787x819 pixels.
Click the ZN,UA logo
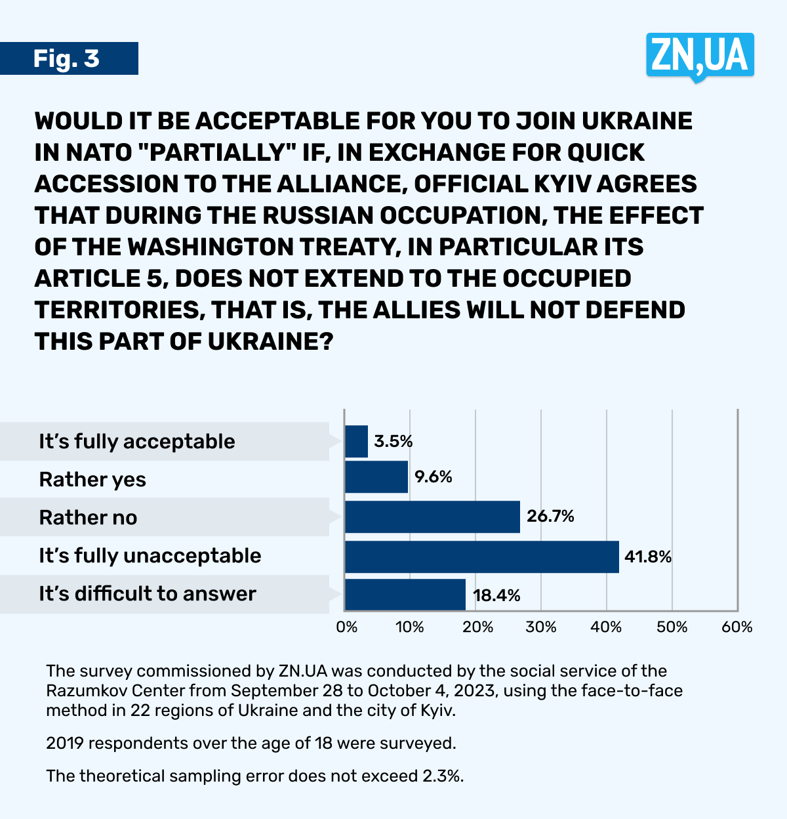click(700, 55)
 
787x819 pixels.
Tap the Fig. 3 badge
click(67, 58)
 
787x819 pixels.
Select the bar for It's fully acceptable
click(356, 442)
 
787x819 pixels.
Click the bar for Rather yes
click(376, 477)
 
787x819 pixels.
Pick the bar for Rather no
click(432, 517)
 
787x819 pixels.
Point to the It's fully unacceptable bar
click(481, 556)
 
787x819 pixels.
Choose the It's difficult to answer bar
click(405, 595)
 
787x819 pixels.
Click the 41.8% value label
click(648, 557)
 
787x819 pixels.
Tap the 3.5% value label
click(393, 442)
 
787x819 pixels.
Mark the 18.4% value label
click(496, 595)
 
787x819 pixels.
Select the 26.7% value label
click(550, 516)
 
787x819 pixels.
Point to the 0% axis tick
click(347, 627)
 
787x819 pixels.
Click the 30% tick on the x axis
click(541, 627)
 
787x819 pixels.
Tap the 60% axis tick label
click(737, 627)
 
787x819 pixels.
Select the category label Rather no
click(88, 518)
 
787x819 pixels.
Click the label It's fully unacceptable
click(150, 556)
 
